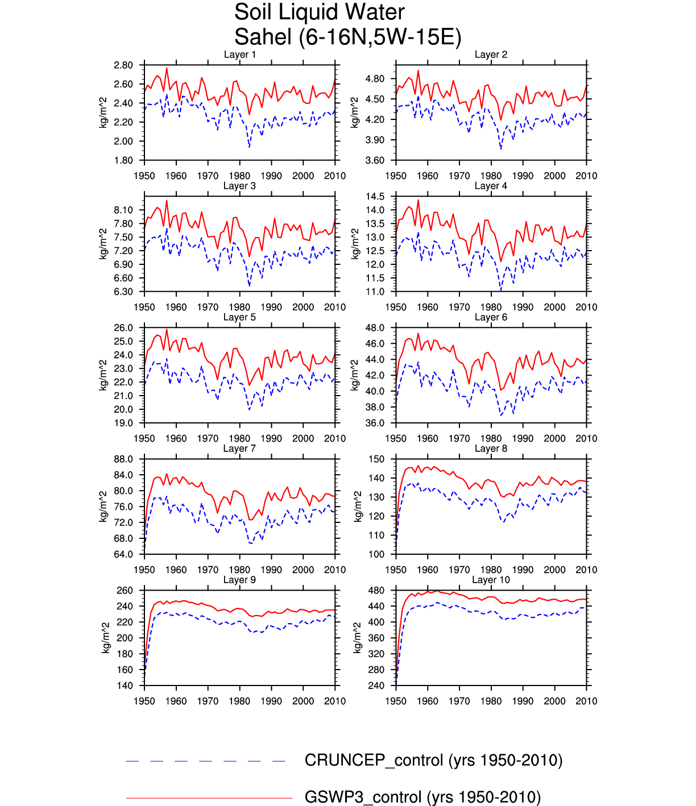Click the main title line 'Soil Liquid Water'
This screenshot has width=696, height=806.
(x=319, y=13)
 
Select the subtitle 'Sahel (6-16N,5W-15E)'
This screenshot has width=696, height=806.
(x=347, y=38)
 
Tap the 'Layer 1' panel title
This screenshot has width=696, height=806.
(x=239, y=55)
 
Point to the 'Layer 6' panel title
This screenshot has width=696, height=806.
(x=491, y=317)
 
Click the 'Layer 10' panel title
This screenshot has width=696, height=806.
(x=491, y=580)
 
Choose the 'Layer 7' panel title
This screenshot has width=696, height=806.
(x=239, y=448)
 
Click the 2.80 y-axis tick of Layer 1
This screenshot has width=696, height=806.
(x=123, y=65)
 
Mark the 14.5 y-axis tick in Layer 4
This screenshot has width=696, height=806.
(x=375, y=197)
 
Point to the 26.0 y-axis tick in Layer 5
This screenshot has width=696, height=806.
(x=123, y=328)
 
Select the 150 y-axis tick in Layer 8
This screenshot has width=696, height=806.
(x=377, y=459)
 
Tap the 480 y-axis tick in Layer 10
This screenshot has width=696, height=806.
(x=377, y=591)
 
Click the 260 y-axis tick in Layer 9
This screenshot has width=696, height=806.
(x=125, y=591)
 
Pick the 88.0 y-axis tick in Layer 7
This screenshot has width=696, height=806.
(x=123, y=459)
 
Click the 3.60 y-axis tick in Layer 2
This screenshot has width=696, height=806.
(x=375, y=160)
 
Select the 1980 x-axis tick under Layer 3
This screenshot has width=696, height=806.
(x=239, y=308)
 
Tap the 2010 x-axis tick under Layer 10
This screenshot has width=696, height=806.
(x=586, y=701)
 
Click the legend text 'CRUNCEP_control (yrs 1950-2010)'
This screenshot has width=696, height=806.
(x=433, y=761)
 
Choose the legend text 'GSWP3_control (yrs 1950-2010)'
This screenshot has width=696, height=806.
(x=422, y=797)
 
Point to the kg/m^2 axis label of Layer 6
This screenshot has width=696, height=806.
(x=355, y=375)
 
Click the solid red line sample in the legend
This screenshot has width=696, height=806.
(x=209, y=798)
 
